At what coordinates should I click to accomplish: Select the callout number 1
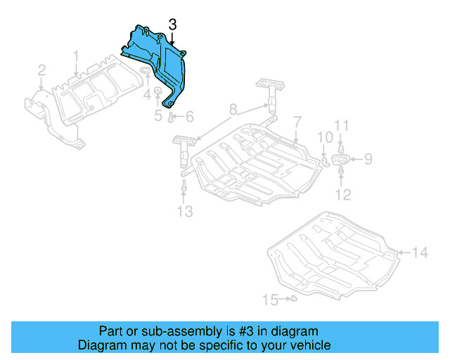77,55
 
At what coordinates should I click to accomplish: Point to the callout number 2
41,70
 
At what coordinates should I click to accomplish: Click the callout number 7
297,122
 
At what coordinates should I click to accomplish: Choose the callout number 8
233,109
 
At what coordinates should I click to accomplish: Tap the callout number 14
419,251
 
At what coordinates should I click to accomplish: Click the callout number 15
270,300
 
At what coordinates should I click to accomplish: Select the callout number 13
184,211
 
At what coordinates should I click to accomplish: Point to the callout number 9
367,160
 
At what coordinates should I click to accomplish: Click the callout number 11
341,127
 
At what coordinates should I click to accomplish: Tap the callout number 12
342,194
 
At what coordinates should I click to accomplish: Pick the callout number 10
323,136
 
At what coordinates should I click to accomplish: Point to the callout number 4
148,93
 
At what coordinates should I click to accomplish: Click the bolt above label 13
184,186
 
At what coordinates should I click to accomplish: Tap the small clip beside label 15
294,300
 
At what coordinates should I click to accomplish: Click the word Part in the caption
112,331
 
